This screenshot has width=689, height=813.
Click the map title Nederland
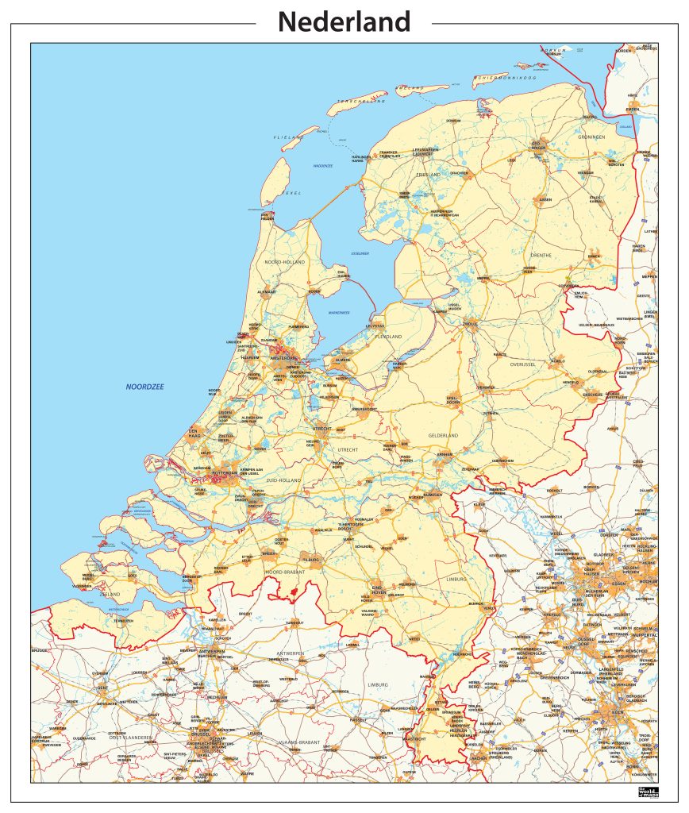coord(344,21)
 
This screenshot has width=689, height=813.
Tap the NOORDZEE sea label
coord(144,387)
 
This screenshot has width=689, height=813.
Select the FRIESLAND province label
coord(428,175)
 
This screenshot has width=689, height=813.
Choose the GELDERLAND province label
coord(443,436)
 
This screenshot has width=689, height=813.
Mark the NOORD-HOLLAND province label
coord(285,262)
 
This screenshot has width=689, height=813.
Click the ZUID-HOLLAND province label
coord(282,481)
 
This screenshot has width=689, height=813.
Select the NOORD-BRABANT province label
coord(285,572)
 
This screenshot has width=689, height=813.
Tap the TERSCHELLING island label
coord(361,102)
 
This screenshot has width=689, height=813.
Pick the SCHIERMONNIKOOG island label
coord(506,78)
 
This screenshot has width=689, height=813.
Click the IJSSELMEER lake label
coord(360,253)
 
